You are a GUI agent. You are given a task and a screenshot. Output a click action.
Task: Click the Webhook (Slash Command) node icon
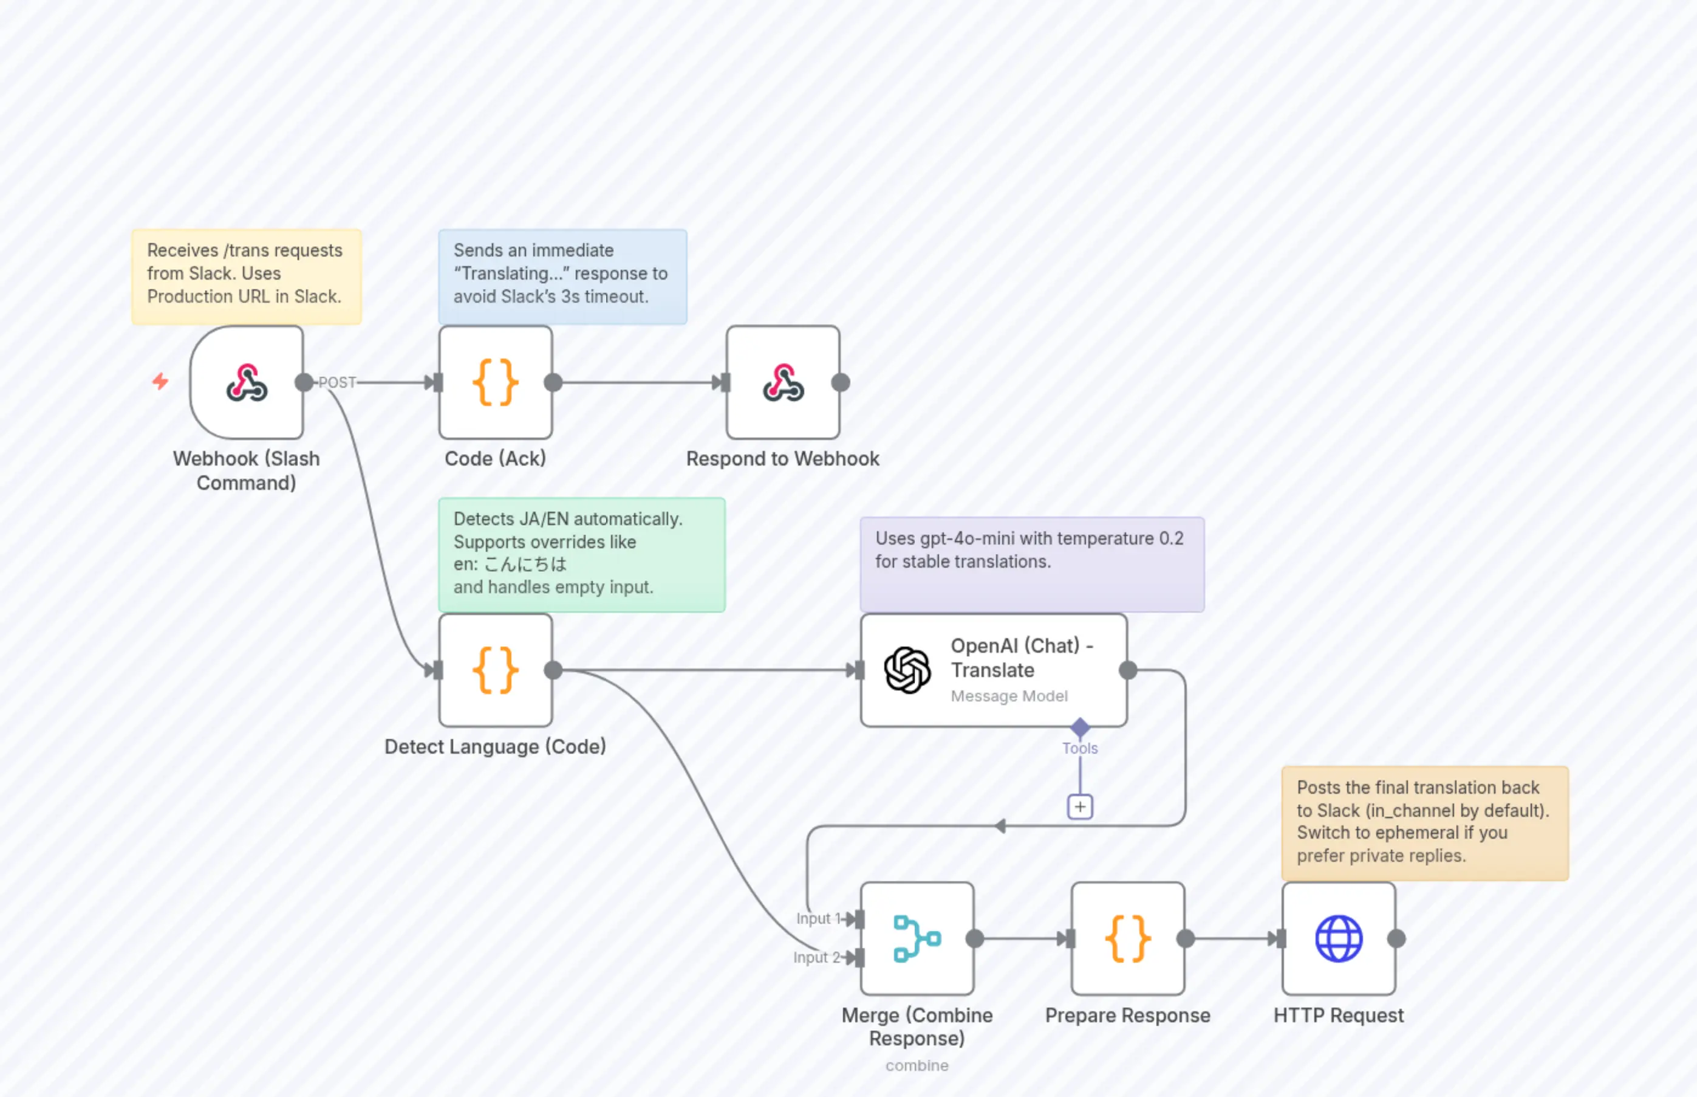click(247, 382)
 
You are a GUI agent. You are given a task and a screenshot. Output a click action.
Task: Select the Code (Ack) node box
click(496, 382)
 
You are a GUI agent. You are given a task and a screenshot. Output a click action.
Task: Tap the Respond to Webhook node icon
click(783, 382)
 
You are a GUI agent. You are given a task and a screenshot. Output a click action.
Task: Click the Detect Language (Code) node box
click(496, 670)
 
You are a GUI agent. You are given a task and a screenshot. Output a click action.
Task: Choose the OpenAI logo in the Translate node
click(907, 670)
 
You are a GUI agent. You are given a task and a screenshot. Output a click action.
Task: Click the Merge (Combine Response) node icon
click(917, 939)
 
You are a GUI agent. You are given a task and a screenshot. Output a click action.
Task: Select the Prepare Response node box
click(1127, 939)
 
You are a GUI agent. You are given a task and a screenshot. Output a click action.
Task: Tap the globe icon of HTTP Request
click(1338, 939)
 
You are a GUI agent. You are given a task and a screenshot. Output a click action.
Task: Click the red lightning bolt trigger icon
click(160, 382)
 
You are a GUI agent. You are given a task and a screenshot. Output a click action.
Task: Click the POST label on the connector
click(336, 382)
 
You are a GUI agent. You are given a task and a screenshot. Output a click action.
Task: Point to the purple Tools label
click(1080, 749)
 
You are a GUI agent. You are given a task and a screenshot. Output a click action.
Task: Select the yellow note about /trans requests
click(247, 276)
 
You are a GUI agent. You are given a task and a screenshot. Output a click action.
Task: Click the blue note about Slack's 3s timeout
click(562, 276)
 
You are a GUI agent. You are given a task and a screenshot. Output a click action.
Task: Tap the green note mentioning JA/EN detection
click(582, 554)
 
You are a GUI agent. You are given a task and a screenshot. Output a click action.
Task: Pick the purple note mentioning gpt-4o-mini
click(1031, 564)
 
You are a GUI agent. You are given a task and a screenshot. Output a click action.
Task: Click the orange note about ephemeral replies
click(1424, 823)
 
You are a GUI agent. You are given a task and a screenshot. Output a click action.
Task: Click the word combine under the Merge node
click(917, 1065)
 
